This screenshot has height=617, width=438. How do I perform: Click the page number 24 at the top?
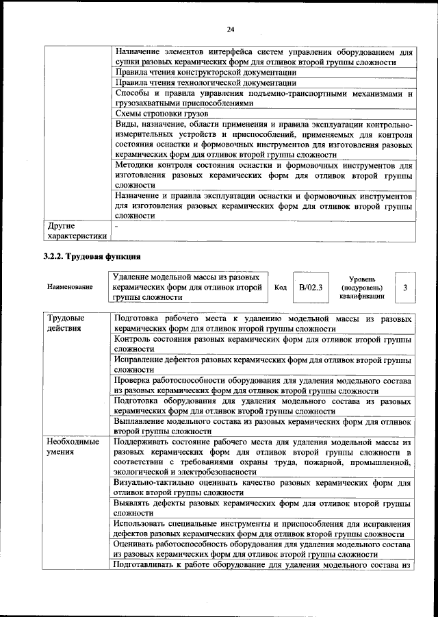click(231, 28)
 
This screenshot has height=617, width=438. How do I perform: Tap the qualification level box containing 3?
click(404, 288)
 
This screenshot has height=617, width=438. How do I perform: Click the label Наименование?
click(70, 288)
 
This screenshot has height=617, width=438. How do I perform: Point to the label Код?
click(280, 288)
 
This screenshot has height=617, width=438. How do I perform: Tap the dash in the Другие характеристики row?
click(117, 225)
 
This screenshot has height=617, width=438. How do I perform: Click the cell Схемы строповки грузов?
click(162, 113)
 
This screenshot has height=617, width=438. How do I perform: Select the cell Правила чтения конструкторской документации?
click(205, 72)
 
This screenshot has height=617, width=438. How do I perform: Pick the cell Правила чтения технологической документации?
click(205, 82)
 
